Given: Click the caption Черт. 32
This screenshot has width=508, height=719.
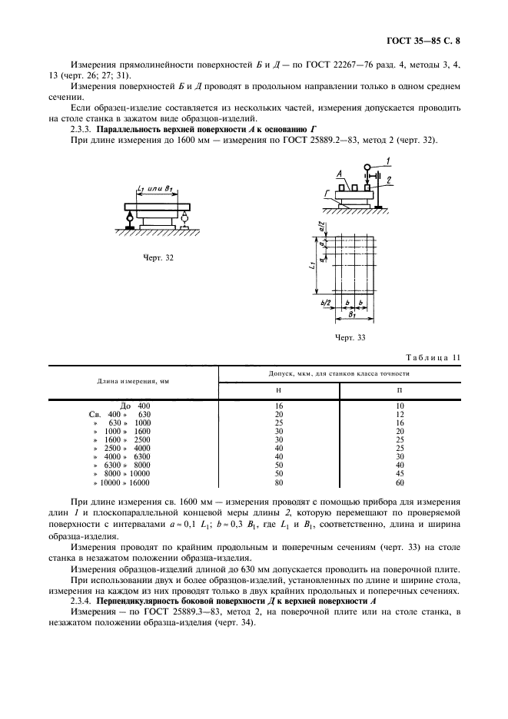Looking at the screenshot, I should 159,257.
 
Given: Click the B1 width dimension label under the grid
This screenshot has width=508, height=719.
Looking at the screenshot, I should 352,316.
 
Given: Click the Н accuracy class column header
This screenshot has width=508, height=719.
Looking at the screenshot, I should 278,389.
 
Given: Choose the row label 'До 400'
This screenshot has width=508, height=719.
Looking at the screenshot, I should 135,405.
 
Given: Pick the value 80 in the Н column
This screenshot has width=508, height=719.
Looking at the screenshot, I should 279,483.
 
